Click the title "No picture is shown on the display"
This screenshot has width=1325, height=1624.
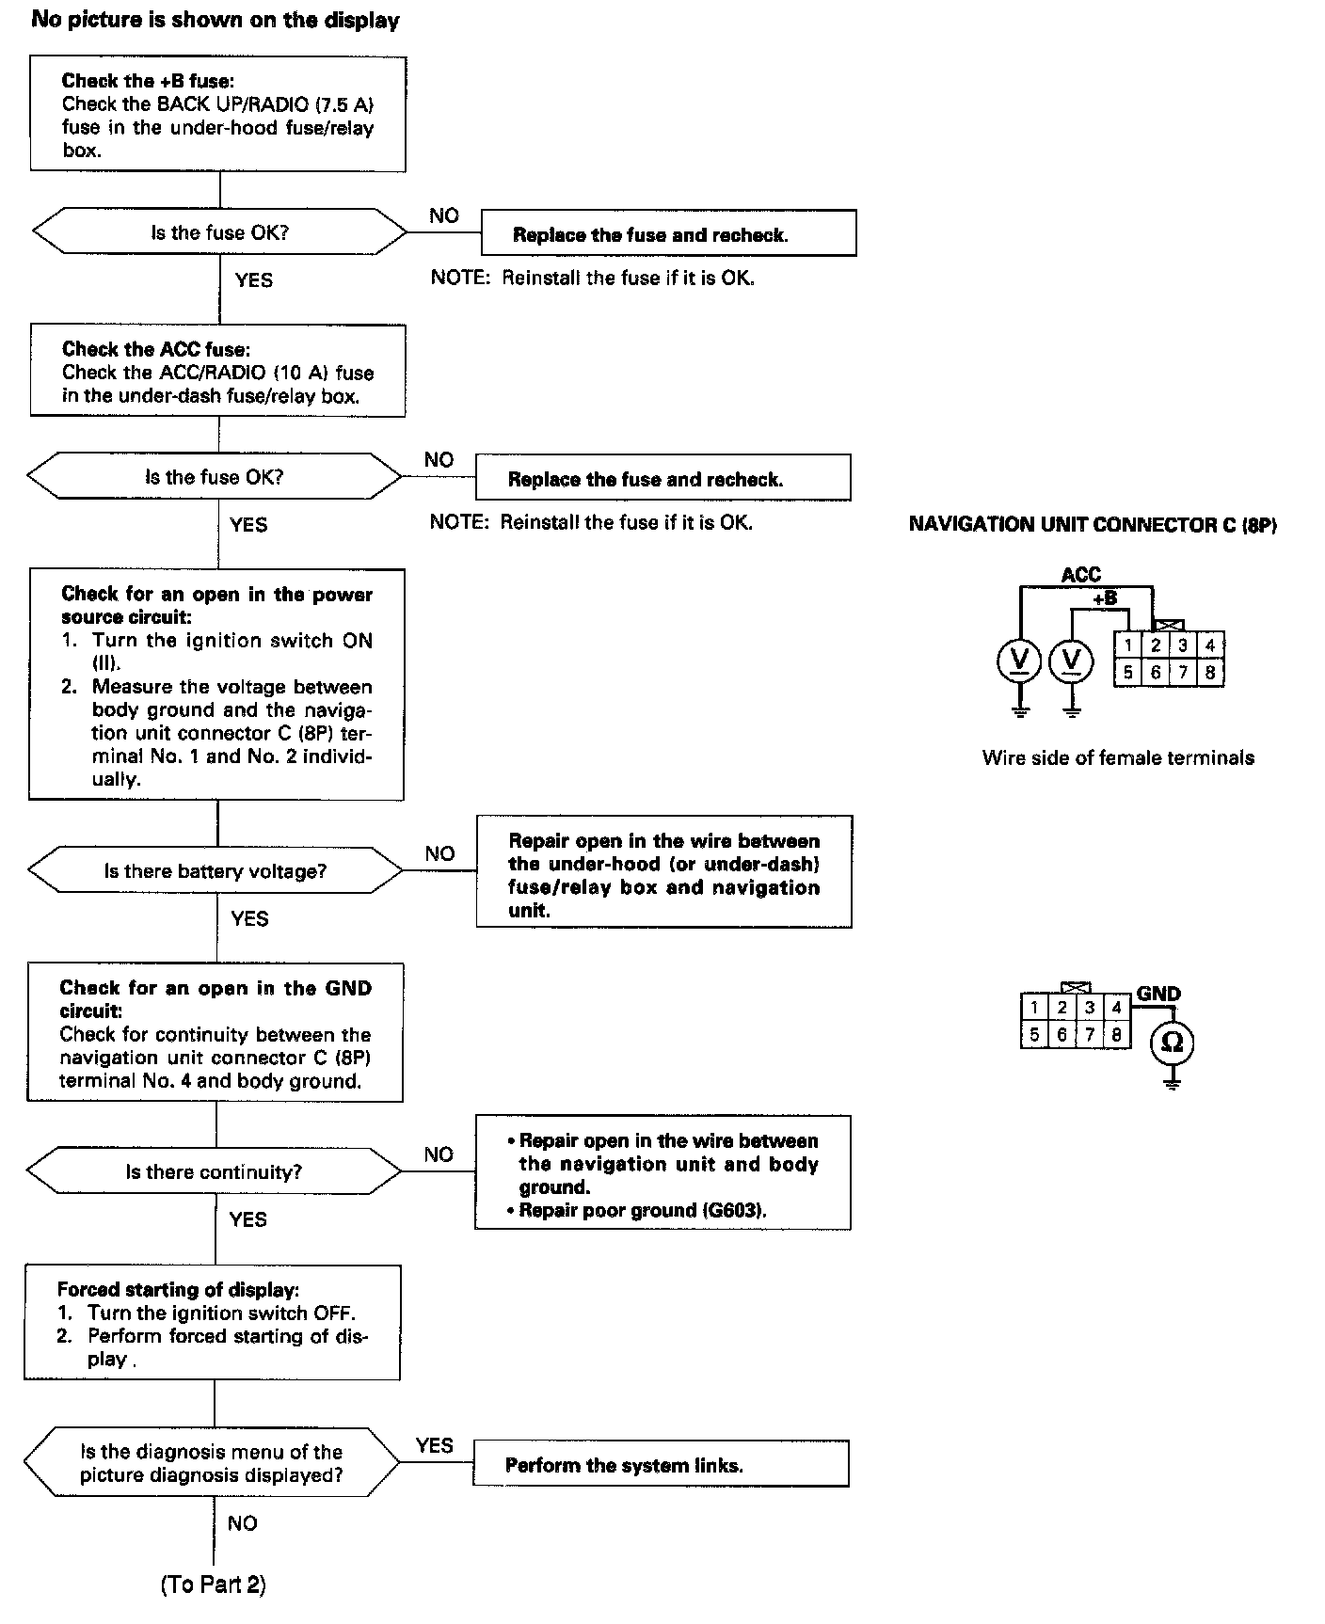(x=216, y=20)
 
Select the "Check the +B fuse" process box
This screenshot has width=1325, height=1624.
(x=217, y=114)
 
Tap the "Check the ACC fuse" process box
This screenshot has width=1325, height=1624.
(x=217, y=371)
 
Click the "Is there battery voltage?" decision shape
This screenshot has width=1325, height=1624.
(x=216, y=871)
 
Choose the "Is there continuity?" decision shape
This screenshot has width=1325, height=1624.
(x=215, y=1171)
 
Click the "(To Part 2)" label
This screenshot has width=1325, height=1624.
(x=213, y=1584)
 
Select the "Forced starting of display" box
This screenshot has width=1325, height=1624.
(x=213, y=1323)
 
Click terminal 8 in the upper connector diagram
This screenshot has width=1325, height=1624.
(x=1209, y=673)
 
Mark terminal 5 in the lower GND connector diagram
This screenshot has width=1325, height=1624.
(x=1034, y=1035)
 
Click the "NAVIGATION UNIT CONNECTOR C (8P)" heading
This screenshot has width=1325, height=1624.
(x=1093, y=525)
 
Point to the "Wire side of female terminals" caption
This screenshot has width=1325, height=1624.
(x=1118, y=757)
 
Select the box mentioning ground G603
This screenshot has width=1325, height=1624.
(x=662, y=1173)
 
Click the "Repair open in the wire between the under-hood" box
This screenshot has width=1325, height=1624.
(x=663, y=872)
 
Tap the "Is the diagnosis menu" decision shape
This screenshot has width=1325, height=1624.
(x=211, y=1463)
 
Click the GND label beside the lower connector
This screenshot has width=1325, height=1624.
(x=1158, y=994)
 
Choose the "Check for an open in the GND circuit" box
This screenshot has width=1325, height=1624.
(x=216, y=1032)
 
